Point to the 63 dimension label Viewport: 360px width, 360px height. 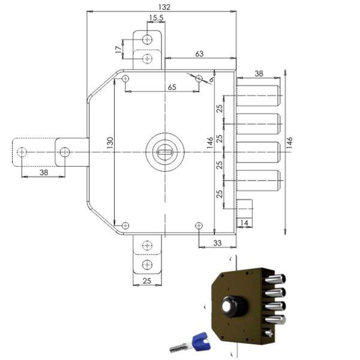coord(199,54)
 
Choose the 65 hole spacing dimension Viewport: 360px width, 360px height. coord(172,88)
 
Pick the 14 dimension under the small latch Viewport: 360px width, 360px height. coord(244,223)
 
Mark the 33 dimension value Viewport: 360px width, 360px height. coord(217,242)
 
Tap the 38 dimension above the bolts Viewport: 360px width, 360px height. coord(259,74)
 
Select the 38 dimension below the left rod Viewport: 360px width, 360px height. coord(43,172)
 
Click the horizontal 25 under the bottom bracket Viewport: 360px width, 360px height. coord(147,281)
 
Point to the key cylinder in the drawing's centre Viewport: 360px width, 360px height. coord(163,152)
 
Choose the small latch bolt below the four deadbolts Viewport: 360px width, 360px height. coord(245,209)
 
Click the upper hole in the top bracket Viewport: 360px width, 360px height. coord(148,40)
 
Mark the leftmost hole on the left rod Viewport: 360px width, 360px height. coord(22,152)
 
